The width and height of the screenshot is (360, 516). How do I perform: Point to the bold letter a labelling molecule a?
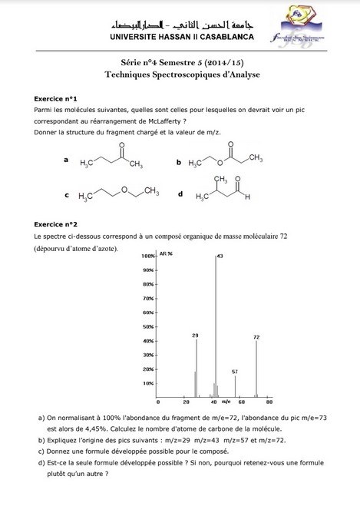point(67,160)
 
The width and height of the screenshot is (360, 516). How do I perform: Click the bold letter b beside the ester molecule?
point(178,163)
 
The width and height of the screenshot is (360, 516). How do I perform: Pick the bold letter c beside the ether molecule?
point(67,195)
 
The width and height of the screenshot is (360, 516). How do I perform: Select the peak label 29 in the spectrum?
point(195,336)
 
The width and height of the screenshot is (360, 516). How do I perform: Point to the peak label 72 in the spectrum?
point(256,337)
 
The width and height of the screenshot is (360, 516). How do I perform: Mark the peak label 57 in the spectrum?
point(235,372)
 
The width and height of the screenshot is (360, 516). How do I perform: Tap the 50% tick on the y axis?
point(148,326)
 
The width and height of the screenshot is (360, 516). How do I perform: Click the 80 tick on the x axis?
point(269,402)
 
